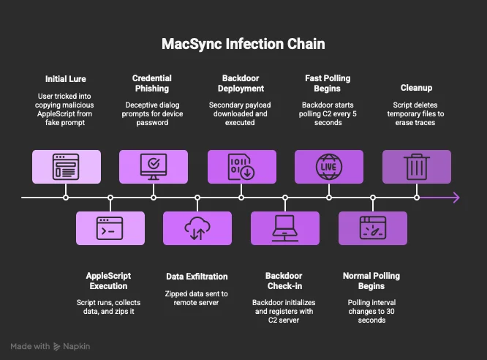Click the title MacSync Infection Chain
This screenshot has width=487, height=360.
pos(243,44)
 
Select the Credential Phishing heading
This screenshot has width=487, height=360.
pos(152,83)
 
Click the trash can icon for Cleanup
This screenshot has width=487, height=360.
pos(417,167)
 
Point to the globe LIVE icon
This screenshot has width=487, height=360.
pos(329,167)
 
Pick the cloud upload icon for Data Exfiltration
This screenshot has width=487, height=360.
pos(197,228)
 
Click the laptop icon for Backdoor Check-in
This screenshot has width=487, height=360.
pos(285,228)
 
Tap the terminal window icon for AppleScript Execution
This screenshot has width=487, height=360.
pos(110,228)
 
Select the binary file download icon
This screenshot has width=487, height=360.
pos(241,167)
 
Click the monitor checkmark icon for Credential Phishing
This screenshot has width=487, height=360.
pos(154,167)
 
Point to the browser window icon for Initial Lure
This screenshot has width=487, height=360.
pos(66,167)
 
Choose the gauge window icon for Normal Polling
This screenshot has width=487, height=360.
pos(373,228)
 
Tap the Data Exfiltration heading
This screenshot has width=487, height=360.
pos(197,277)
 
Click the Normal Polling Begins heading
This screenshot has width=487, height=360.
pos(371,281)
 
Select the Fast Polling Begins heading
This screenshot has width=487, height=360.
pos(328,83)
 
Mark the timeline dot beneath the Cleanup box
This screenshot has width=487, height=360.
pos(417,198)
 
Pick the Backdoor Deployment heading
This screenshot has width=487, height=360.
pos(241,83)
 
